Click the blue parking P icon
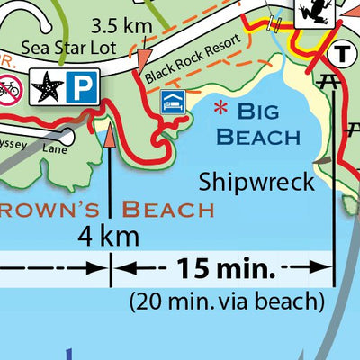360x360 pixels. pyautogui.click(x=81, y=87)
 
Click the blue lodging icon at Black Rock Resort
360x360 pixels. pyautogui.click(x=171, y=101)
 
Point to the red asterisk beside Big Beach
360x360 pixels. pyautogui.click(x=219, y=110)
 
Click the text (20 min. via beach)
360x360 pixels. pyautogui.click(x=226, y=299)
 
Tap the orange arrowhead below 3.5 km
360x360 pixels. pyautogui.click(x=142, y=59)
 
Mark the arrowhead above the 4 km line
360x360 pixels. pyautogui.click(x=110, y=136)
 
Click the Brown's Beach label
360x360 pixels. pyautogui.click(x=108, y=210)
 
